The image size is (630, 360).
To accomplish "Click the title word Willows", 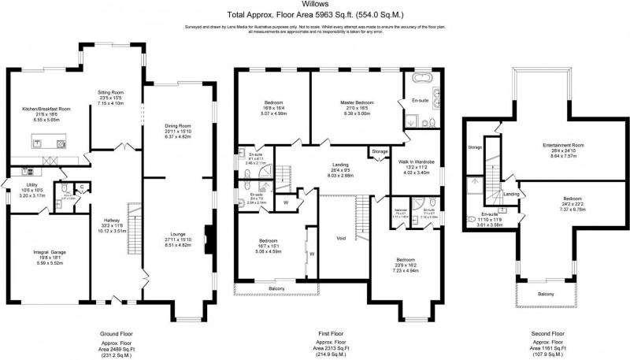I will (x=315, y=5).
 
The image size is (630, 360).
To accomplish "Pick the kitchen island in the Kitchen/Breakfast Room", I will (x=47, y=143).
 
